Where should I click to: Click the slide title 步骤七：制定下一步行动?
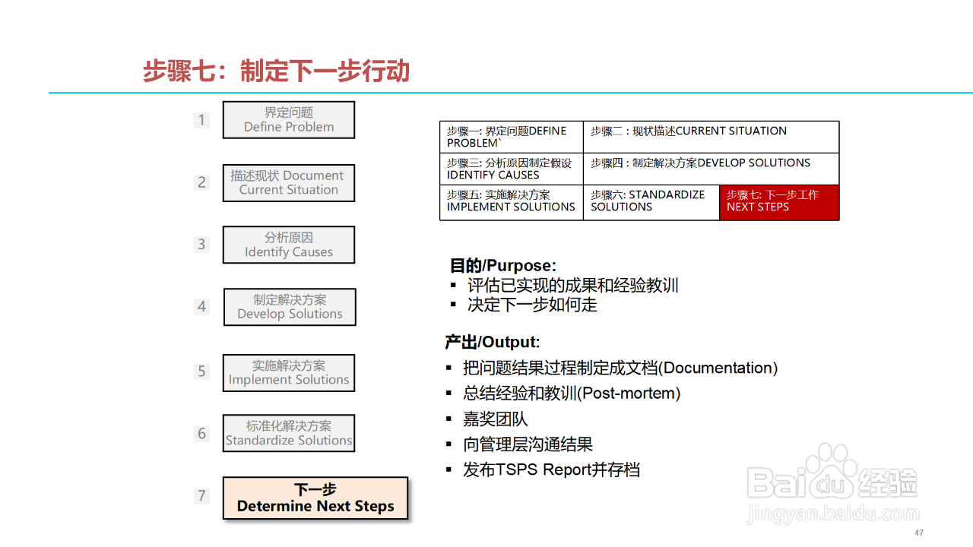[277, 71]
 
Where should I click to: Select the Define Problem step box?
[289, 120]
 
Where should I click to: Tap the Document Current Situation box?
[289, 183]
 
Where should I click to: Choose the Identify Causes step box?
[289, 245]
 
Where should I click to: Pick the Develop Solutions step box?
[290, 307]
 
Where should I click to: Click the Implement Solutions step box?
[289, 373]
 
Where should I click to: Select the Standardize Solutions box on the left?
[289, 433]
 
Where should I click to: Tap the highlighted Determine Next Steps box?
[315, 498]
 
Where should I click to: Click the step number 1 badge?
[201, 120]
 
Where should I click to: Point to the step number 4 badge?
[201, 307]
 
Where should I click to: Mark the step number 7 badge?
[201, 496]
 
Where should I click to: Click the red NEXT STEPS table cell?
[779, 202]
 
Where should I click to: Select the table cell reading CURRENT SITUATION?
[711, 137]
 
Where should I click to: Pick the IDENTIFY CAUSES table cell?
[511, 169]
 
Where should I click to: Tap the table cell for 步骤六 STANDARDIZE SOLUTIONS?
[651, 202]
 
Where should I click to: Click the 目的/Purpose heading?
[503, 266]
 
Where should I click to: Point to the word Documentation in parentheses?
[718, 368]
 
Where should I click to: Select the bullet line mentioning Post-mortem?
[572, 394]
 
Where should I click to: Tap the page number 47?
[919, 533]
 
